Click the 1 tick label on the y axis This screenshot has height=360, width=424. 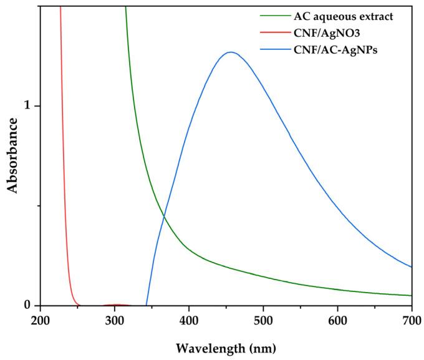27,106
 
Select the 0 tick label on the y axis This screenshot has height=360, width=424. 27,305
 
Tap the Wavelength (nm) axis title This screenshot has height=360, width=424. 225,346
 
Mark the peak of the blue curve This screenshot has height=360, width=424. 231,52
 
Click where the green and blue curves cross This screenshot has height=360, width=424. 164,216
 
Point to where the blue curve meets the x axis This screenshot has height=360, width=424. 147,305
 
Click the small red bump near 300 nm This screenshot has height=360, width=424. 116,304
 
